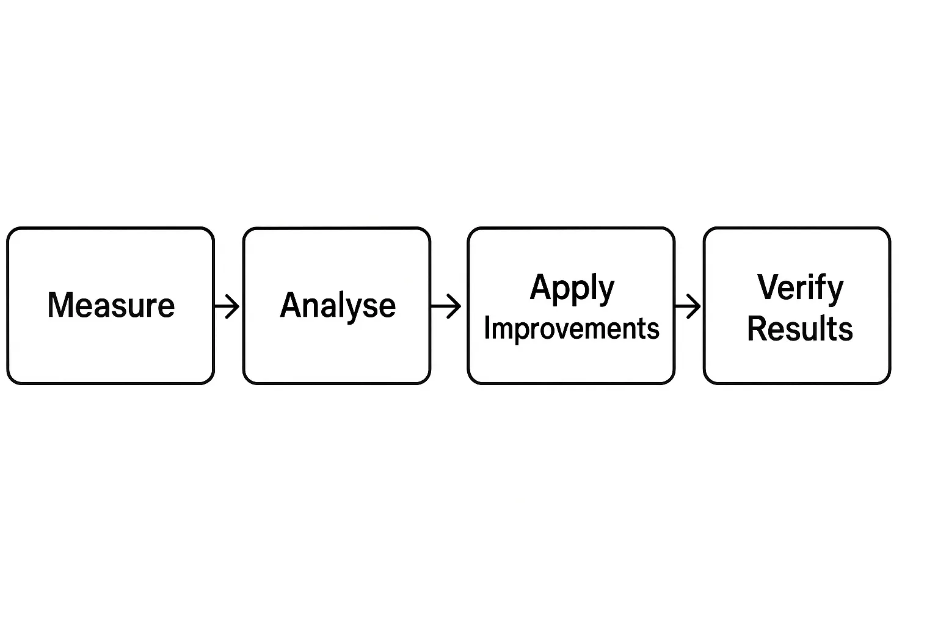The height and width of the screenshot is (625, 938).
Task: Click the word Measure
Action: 111,305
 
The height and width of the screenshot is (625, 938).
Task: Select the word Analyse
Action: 337,305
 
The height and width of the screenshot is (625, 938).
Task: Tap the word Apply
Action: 572,287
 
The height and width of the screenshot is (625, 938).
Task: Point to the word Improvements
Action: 572,329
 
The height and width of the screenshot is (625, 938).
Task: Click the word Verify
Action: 800,287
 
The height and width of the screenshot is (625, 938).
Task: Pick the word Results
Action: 800,329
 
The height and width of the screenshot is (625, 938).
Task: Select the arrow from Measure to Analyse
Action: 227,306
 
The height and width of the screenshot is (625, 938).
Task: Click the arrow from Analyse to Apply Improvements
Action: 446,306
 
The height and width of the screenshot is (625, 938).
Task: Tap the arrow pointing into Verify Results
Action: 688,306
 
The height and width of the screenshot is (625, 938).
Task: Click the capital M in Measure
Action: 60,305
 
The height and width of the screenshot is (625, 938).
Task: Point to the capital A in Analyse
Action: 291,305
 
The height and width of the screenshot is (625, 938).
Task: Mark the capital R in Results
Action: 758,329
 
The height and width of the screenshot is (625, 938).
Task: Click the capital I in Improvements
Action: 487,328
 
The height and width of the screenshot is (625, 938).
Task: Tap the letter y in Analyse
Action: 359,309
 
